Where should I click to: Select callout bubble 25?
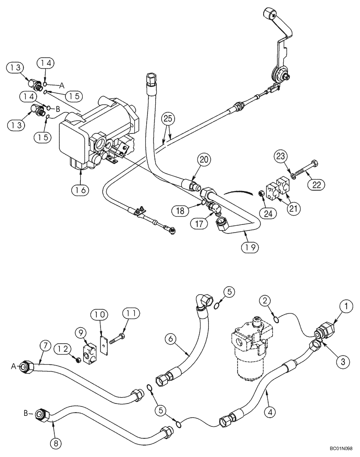[168, 119]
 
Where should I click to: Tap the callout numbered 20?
[204, 160]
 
